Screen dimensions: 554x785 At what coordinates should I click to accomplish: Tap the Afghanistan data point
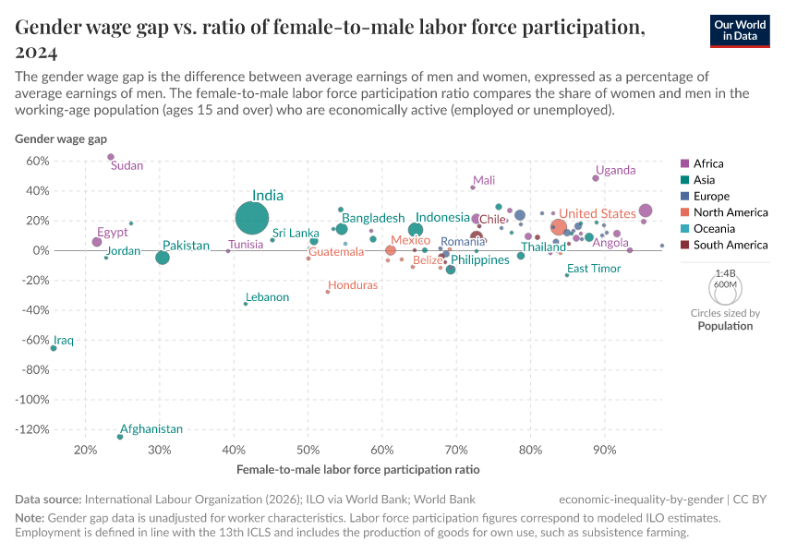(120, 437)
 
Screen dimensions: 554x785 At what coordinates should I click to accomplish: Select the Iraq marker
(54, 348)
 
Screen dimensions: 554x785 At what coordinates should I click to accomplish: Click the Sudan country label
(127, 166)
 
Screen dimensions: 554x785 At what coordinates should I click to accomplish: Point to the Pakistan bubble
(163, 258)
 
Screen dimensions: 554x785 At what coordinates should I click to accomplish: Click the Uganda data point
(596, 178)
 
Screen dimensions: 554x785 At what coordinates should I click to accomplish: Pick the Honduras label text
(353, 285)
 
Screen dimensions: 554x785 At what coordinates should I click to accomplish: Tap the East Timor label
(594, 269)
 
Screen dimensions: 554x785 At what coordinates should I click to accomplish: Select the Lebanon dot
(246, 304)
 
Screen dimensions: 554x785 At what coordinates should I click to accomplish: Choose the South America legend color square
(684, 245)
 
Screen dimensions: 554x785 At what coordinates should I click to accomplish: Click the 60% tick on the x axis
(381, 451)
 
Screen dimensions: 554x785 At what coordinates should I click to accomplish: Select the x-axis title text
(357, 470)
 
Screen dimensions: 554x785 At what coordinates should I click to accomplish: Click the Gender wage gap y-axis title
(61, 139)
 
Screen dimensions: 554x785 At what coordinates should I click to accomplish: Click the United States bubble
(558, 227)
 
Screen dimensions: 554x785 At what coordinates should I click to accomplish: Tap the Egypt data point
(97, 242)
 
